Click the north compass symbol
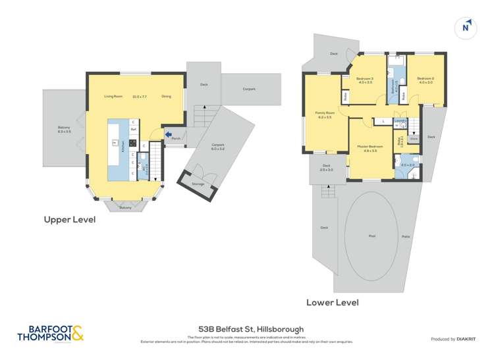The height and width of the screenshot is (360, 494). (x=466, y=27)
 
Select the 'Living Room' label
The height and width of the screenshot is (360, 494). (x=113, y=97)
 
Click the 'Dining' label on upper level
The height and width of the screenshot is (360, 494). (x=166, y=97)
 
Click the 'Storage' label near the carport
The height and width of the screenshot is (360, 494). (x=197, y=184)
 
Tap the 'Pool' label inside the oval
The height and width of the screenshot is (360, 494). (x=371, y=234)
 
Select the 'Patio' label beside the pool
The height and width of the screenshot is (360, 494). (x=406, y=236)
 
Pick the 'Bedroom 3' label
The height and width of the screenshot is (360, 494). (x=365, y=80)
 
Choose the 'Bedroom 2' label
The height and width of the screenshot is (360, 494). (x=425, y=80)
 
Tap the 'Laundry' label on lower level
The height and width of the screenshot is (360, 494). (x=399, y=121)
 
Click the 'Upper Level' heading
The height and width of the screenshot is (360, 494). (x=69, y=220)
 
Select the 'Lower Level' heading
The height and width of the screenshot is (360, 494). (x=332, y=303)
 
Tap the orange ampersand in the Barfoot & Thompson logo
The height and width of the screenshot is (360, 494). (x=77, y=334)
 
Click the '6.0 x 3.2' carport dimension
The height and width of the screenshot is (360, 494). (x=218, y=149)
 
